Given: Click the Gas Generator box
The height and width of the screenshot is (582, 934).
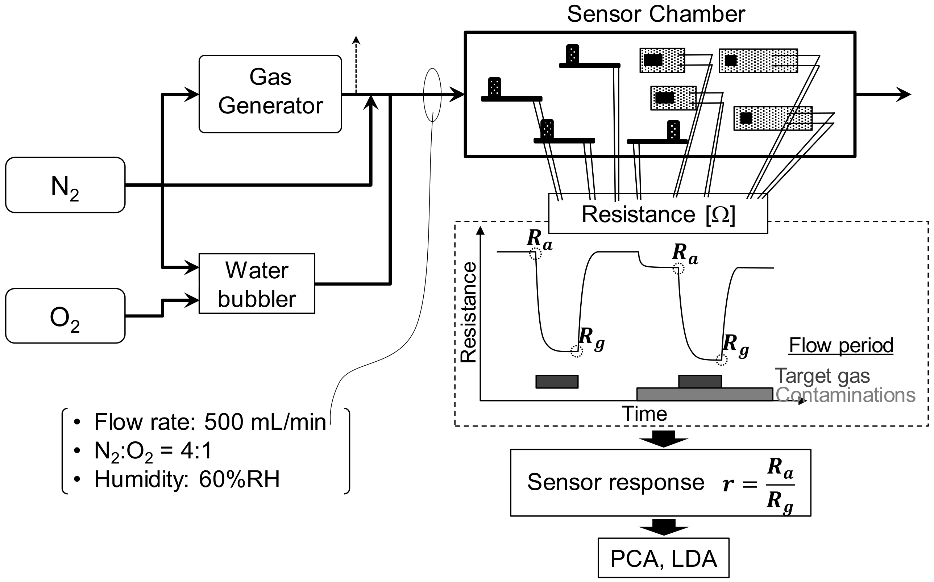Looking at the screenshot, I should click(x=270, y=94).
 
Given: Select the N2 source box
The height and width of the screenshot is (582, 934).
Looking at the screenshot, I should click(x=65, y=185).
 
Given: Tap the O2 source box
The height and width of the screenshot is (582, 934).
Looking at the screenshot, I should click(x=65, y=316).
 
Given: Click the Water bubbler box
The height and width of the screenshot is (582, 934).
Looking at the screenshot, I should click(x=257, y=284).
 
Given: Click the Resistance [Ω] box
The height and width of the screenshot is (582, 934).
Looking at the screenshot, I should click(x=657, y=214).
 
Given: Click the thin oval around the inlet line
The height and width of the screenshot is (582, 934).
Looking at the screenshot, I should click(x=432, y=95).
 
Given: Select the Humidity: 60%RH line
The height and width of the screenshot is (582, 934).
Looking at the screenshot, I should click(x=187, y=479).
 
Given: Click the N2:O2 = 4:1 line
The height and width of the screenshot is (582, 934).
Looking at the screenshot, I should click(x=153, y=451).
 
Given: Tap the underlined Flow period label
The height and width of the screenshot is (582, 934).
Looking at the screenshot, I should click(x=841, y=345).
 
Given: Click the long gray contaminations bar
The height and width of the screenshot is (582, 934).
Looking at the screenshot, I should click(x=705, y=394).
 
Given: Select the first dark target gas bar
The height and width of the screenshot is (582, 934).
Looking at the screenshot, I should click(x=557, y=382).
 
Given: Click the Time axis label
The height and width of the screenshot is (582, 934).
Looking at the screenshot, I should click(x=644, y=414).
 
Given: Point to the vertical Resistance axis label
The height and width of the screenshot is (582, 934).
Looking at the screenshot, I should click(x=469, y=312).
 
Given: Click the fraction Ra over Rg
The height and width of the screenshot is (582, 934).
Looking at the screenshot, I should click(x=780, y=483).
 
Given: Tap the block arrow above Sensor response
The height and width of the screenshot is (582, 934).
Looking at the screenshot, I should click(x=663, y=439).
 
